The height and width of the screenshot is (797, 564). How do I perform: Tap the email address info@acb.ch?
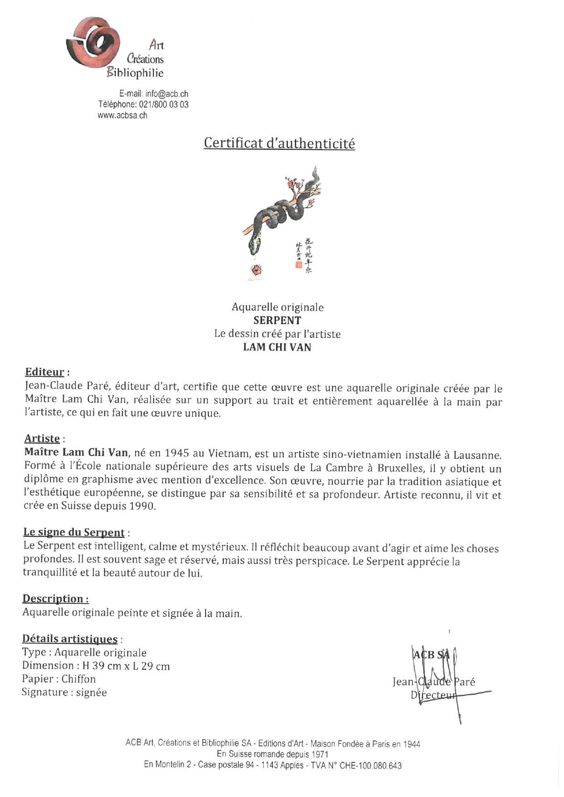click(x=166, y=94)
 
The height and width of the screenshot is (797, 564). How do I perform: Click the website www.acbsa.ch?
click(x=122, y=115)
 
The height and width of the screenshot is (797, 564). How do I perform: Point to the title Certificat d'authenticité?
click(x=279, y=143)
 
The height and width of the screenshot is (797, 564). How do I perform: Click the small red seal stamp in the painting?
click(x=298, y=264)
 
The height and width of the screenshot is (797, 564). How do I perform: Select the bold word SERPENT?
click(x=277, y=321)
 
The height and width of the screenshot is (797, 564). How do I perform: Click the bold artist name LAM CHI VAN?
click(x=277, y=347)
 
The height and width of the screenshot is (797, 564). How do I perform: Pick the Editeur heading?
click(x=45, y=372)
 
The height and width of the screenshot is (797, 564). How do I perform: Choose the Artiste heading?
click(x=42, y=439)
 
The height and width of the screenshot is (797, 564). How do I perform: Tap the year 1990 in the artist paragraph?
click(x=141, y=506)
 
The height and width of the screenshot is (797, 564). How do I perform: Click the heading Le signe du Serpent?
click(x=74, y=532)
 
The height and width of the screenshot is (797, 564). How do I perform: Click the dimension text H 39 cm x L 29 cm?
click(x=126, y=667)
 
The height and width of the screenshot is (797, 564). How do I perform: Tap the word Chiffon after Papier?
click(x=79, y=679)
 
